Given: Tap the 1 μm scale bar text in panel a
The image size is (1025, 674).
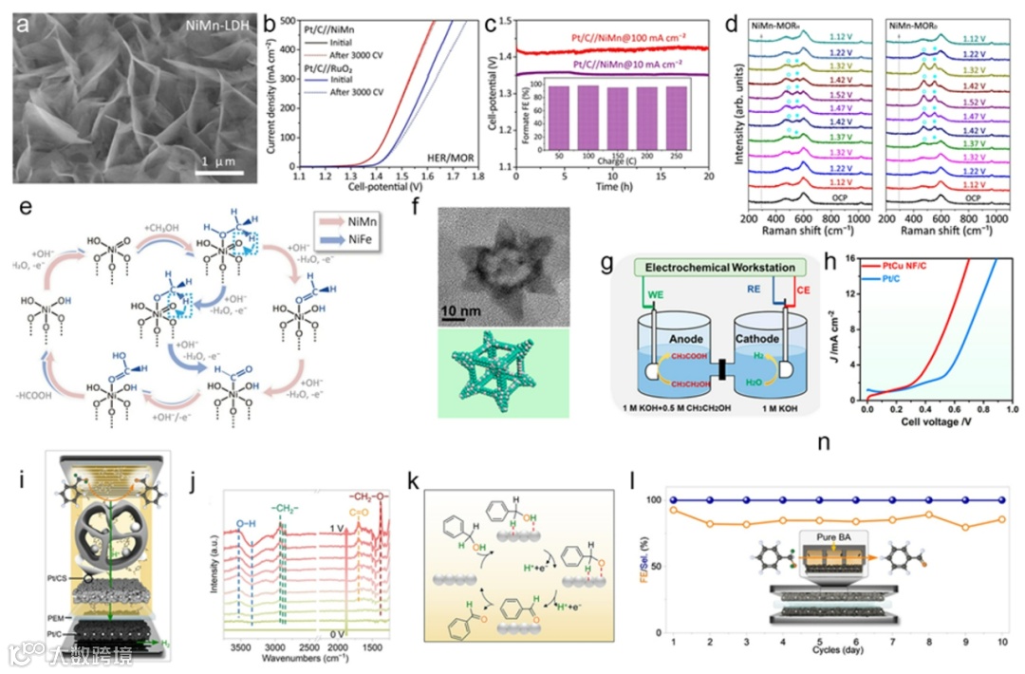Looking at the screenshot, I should pyautogui.click(x=217, y=162).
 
